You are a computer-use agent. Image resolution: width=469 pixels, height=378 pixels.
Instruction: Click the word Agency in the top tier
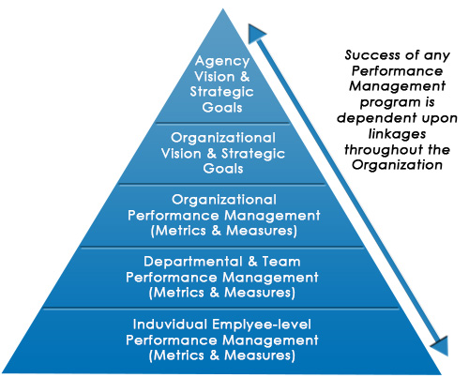pos(222,62)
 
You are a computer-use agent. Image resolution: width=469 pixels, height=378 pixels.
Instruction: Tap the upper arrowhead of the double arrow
pos(255,33)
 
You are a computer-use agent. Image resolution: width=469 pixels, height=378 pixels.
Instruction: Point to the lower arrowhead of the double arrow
pos(441,345)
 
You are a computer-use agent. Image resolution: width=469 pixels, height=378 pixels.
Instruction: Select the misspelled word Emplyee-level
pos(262,325)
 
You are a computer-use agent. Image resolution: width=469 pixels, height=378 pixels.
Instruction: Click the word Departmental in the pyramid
pos(193,262)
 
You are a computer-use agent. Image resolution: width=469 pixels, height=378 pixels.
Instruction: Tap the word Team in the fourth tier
pos(281,262)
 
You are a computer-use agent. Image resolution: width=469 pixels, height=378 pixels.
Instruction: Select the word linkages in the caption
pos(397,134)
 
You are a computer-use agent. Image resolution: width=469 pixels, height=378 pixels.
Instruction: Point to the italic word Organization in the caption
pos(397,165)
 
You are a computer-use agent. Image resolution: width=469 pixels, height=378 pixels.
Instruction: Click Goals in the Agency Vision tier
pos(222,108)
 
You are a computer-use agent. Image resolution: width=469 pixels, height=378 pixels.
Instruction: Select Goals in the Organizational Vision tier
pos(223,169)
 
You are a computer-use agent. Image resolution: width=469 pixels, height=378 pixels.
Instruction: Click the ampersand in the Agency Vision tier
pos(245,77)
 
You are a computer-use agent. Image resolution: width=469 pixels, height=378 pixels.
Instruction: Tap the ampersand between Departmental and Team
pos(252,262)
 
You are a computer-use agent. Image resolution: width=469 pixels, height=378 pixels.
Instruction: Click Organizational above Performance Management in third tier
pos(224,200)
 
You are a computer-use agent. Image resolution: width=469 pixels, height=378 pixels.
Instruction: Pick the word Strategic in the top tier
pos(221,92)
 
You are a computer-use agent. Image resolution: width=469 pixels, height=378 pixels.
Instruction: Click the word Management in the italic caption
pos(397,86)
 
